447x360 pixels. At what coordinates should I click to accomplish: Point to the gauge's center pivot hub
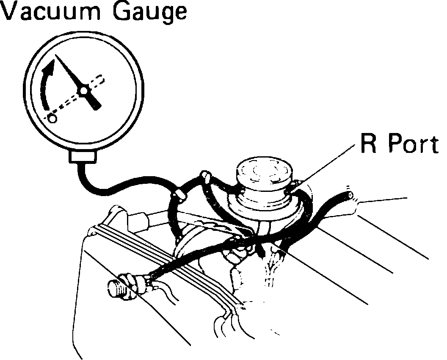84,90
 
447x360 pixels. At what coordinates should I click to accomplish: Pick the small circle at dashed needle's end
52,118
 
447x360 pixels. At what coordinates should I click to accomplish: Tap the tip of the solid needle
57,56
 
